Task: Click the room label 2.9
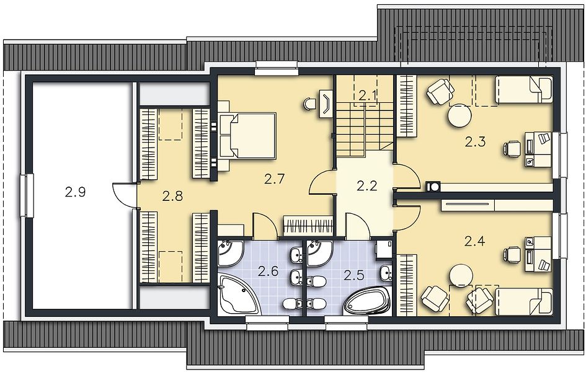tap(76, 192)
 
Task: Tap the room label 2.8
tap(172, 195)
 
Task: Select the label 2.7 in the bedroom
tap(275, 179)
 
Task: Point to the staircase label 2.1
tap(367, 96)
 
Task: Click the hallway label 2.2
tap(367, 185)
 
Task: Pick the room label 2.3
tap(476, 141)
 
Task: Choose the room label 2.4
tap(474, 241)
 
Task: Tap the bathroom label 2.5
tap(354, 276)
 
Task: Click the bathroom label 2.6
tap(269, 271)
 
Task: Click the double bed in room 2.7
tap(247, 135)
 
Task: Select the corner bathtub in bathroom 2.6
tap(239, 294)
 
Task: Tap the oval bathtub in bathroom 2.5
tap(367, 302)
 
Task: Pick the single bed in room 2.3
tap(523, 90)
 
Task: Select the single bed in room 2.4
tap(523, 301)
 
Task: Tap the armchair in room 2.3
tap(441, 91)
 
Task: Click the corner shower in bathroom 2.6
tap(231, 254)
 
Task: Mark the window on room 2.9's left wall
tap(29, 196)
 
